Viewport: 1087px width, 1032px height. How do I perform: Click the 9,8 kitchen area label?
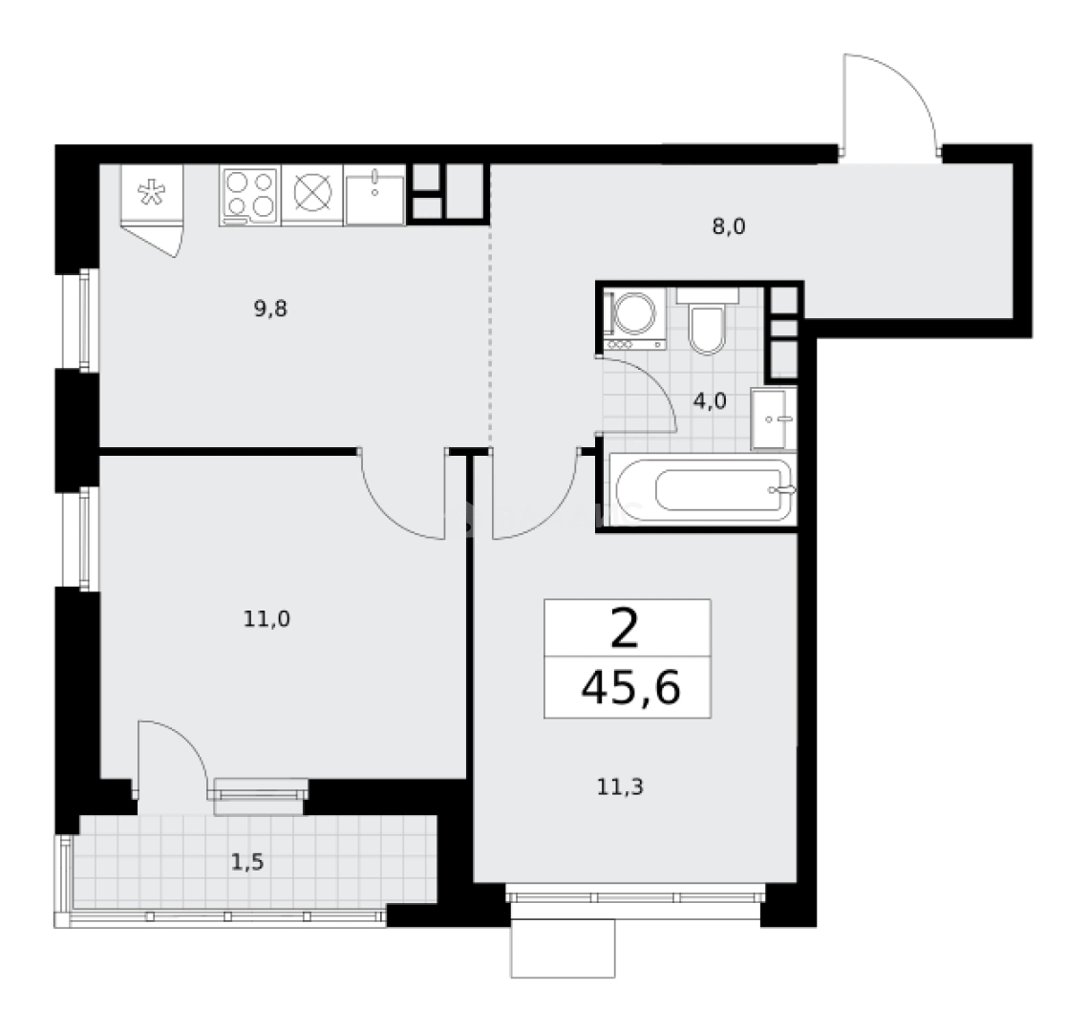[x=270, y=309]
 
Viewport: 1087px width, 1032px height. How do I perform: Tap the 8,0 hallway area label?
[x=729, y=226]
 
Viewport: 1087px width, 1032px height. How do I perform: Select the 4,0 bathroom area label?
[x=710, y=401]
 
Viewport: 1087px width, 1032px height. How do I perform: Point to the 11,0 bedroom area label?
[x=266, y=618]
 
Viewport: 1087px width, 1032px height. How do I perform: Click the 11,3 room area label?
[x=621, y=786]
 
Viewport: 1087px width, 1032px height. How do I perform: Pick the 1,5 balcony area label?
[x=247, y=862]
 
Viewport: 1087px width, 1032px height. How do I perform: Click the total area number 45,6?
[x=630, y=689]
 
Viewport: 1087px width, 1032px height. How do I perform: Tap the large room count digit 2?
[x=625, y=629]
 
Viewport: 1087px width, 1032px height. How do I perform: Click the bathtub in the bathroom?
[x=703, y=489]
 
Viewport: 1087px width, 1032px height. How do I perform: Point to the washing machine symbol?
[x=635, y=319]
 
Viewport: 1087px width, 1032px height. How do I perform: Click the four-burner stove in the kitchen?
[x=250, y=196]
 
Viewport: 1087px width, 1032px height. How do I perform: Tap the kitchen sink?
[x=374, y=196]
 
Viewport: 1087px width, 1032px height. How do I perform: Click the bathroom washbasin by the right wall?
[x=774, y=419]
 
